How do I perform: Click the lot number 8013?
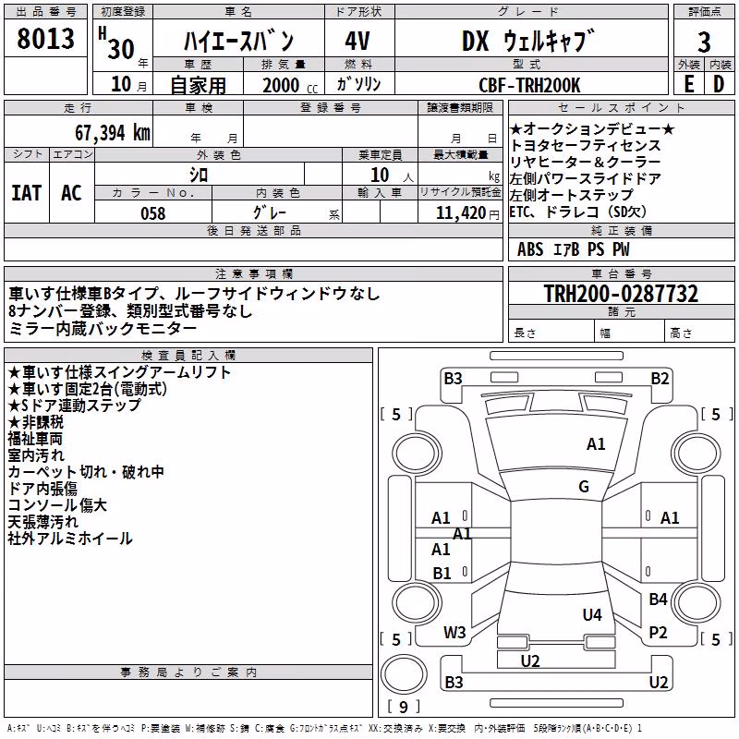[x=45, y=38]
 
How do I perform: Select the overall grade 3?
[x=704, y=42]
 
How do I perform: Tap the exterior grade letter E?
[x=689, y=84]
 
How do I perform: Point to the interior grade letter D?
[x=719, y=84]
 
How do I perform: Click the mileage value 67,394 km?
[x=113, y=133]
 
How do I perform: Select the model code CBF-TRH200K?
[x=529, y=85]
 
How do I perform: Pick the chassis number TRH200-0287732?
[x=621, y=294]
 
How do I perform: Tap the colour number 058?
[x=153, y=213]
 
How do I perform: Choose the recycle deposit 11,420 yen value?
[x=467, y=213]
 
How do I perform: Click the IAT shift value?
[x=27, y=193]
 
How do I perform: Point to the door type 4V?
[x=357, y=41]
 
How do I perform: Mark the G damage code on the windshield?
[x=584, y=487]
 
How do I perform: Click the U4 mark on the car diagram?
[x=592, y=614]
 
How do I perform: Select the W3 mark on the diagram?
[x=454, y=633]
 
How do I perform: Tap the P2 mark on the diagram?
[x=658, y=633]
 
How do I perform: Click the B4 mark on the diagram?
[x=658, y=599]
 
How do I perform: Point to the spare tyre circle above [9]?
[x=404, y=673]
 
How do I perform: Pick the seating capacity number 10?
[x=380, y=176]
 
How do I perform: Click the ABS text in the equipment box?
[x=530, y=249]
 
